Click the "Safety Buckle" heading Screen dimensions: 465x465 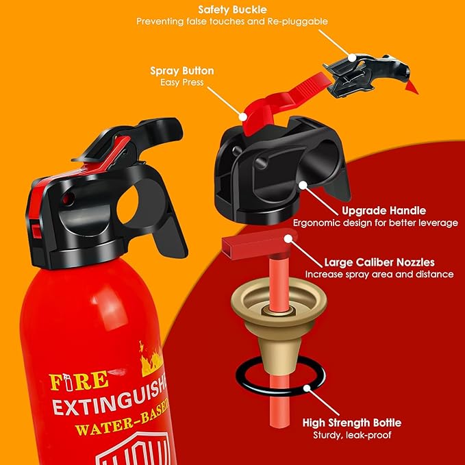pos(231,10)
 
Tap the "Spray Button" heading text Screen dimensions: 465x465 pos(181,71)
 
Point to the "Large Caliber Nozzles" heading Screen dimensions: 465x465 pos(379,262)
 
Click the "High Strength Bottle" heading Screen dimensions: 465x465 pos(352,423)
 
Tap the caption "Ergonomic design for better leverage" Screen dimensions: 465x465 pos(375,223)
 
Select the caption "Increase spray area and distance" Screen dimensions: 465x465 pos(379,274)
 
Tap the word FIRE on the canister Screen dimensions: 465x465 pos(79,379)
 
